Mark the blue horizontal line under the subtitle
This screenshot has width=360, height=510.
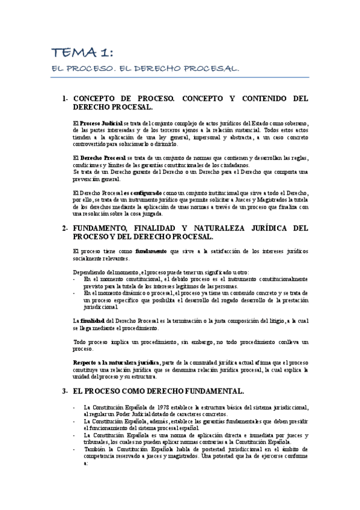180,78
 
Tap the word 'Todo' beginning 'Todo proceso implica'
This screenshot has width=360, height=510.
81,342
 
